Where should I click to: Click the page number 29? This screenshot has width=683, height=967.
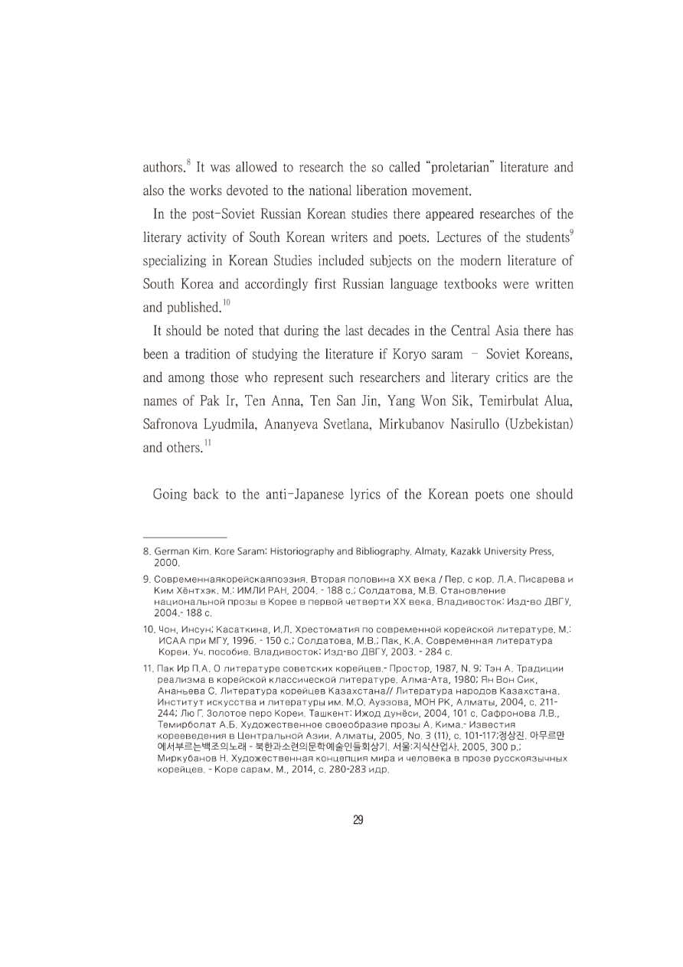(x=358, y=821)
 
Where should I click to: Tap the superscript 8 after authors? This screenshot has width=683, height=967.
(x=189, y=162)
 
